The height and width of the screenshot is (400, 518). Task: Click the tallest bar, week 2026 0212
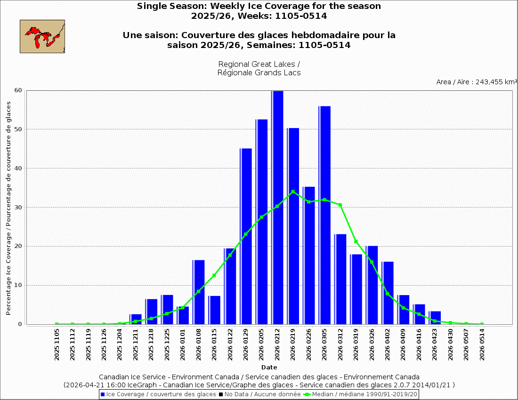point(277,207)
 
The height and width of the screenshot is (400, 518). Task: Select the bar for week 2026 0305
point(324,215)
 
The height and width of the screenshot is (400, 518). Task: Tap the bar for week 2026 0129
point(246,236)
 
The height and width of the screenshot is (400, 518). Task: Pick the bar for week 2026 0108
point(199,292)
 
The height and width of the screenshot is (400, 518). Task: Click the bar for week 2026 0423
point(435,318)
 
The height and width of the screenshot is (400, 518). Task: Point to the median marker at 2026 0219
point(293,192)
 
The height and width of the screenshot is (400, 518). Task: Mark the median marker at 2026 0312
point(340,205)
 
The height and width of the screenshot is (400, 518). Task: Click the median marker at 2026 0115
point(214,275)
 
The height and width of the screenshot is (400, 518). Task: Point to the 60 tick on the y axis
point(21,90)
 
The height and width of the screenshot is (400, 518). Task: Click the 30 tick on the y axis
point(21,208)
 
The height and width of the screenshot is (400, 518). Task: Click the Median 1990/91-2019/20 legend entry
point(360,394)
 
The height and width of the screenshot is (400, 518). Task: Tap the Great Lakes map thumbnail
point(42,36)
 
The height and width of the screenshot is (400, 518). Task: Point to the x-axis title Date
point(269,367)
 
